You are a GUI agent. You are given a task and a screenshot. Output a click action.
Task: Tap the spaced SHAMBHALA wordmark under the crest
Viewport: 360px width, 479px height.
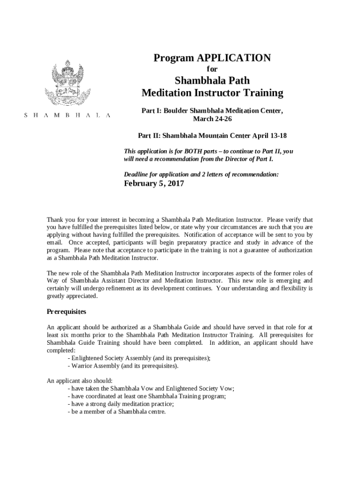click(68, 116)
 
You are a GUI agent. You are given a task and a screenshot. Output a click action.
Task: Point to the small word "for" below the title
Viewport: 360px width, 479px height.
click(212, 69)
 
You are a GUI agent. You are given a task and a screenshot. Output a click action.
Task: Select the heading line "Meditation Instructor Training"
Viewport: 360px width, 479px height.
click(212, 93)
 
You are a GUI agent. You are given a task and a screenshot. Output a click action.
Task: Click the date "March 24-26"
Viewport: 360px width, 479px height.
click(212, 119)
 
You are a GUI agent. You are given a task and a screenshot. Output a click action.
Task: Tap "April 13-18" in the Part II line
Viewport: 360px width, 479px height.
click(269, 136)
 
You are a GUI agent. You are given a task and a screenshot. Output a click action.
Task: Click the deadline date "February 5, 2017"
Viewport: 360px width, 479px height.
click(154, 184)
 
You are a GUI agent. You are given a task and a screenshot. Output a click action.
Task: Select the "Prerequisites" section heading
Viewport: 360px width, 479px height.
click(66, 312)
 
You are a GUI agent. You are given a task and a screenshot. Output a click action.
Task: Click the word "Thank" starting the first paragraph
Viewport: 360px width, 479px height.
click(55, 219)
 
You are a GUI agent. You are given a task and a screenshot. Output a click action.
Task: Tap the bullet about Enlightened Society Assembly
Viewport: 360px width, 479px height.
click(139, 358)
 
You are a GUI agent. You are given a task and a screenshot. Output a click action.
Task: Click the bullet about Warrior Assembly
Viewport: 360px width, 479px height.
click(123, 366)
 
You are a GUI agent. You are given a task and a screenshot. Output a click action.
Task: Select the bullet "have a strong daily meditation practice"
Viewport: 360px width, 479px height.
click(121, 404)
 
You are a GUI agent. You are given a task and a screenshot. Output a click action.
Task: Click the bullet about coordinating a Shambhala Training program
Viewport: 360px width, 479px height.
click(147, 396)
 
